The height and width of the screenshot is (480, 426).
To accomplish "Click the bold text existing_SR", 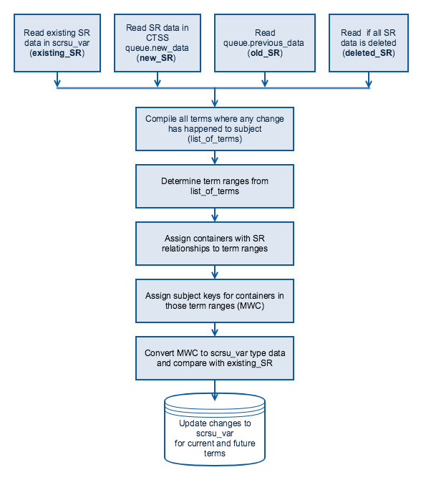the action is click(57, 53).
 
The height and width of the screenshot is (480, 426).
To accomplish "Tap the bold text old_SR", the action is click(265, 53).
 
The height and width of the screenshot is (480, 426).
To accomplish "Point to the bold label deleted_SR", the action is click(369, 53).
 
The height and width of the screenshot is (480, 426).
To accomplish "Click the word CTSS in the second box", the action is click(158, 38).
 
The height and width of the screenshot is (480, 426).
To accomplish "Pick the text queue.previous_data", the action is click(263, 43).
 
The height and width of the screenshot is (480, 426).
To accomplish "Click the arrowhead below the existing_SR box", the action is click(57, 83).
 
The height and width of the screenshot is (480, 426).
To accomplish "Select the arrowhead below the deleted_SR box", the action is click(369, 83).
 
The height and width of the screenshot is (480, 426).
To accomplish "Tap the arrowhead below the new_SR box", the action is click(158, 83).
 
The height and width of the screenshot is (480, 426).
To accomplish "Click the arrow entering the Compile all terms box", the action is click(215, 97).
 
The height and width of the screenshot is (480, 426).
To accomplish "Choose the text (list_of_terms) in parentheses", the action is click(215, 139).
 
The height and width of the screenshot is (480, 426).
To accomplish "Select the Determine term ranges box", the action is click(215, 186).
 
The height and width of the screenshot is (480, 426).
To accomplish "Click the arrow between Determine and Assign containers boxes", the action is click(215, 215).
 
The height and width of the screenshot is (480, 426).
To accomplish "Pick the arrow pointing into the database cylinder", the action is click(215, 390).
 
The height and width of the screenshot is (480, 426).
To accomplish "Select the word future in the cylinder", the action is click(244, 443).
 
